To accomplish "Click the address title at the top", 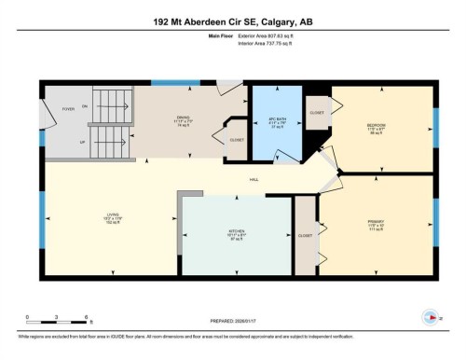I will [233, 21].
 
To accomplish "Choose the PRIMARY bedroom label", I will [377, 221].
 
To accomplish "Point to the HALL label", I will [253, 180].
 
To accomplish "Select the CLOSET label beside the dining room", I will [237, 140].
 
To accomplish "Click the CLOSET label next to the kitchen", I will [305, 236].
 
